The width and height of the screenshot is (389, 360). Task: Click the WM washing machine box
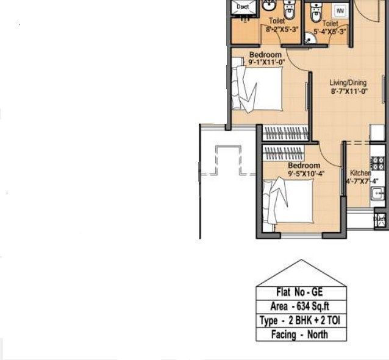pyautogui.click(x=340, y=10)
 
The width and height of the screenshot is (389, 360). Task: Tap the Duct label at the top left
pyautogui.click(x=243, y=7)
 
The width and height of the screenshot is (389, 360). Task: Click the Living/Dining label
pyautogui.click(x=348, y=82)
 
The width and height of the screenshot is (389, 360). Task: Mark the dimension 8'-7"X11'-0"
pyautogui.click(x=349, y=91)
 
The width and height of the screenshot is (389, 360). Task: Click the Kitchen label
pyautogui.click(x=360, y=173)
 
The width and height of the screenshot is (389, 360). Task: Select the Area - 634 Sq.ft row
pyautogui.click(x=300, y=306)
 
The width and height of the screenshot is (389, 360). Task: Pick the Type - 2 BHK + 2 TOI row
pyautogui.click(x=300, y=320)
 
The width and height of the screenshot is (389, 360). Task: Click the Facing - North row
pyautogui.click(x=300, y=334)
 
